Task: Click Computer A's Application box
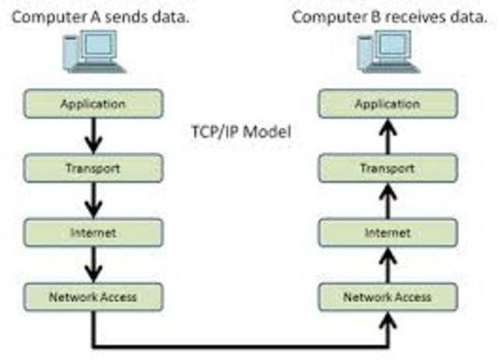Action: pyautogui.click(x=93, y=103)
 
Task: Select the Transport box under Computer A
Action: pyautogui.click(x=93, y=166)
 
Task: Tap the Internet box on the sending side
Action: pyautogui.click(x=93, y=232)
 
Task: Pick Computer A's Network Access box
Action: pyautogui.click(x=93, y=296)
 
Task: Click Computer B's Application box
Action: pyautogui.click(x=387, y=103)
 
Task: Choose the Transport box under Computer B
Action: pyautogui.click(x=387, y=166)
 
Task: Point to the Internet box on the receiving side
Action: pyautogui.click(x=387, y=232)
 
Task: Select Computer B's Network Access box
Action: pyautogui.click(x=387, y=296)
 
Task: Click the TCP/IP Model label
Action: pyautogui.click(x=240, y=133)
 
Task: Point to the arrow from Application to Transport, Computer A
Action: pyautogui.click(x=93, y=135)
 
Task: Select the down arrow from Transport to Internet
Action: pyautogui.click(x=93, y=199)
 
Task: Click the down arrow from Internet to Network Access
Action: pyautogui.click(x=93, y=264)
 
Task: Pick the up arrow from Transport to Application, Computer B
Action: pyautogui.click(x=388, y=135)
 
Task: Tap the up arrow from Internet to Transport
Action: pyautogui.click(x=388, y=199)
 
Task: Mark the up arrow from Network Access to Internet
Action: pyautogui.click(x=388, y=264)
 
